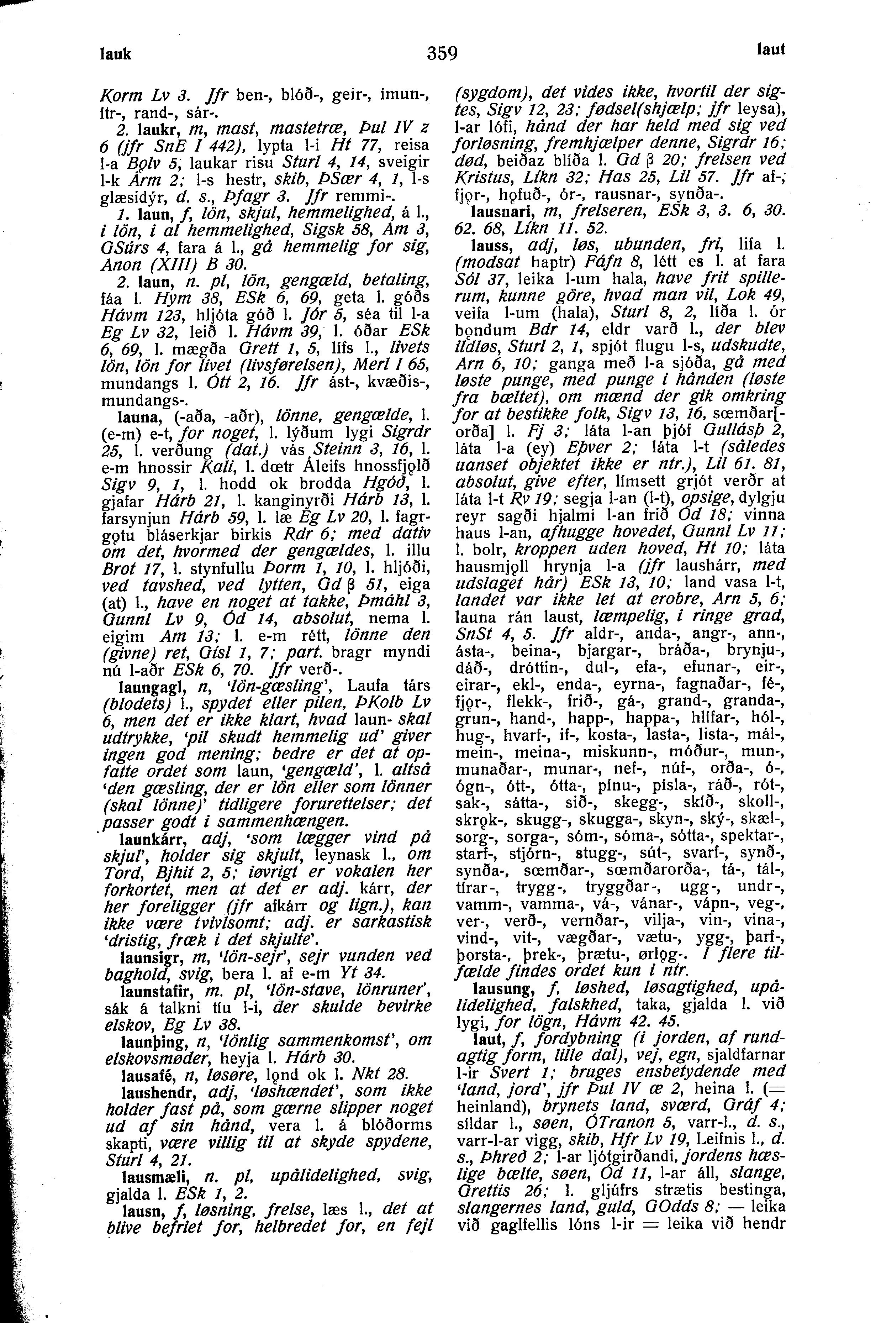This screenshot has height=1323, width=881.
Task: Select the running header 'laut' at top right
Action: pyautogui.click(x=770, y=50)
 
